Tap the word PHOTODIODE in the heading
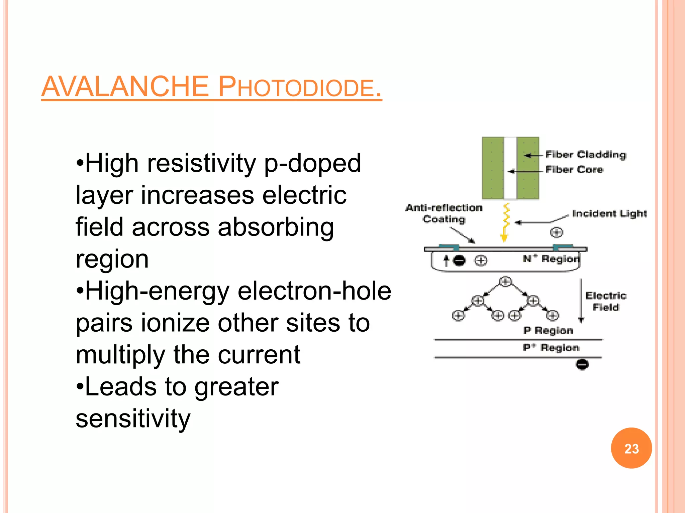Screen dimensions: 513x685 299,87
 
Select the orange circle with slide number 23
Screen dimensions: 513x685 631,448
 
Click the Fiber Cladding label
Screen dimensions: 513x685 586,155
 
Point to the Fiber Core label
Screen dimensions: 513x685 574,170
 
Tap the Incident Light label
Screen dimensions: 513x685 609,213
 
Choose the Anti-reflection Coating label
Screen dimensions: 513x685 444,213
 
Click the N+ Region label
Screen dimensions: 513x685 551,259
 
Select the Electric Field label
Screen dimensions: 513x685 606,301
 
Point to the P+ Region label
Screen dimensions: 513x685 551,348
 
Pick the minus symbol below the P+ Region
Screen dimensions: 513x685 582,364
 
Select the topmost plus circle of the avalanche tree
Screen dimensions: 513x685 505,282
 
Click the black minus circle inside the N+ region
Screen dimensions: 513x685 460,261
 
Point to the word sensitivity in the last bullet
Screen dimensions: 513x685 133,418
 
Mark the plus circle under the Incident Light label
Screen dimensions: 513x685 557,232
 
